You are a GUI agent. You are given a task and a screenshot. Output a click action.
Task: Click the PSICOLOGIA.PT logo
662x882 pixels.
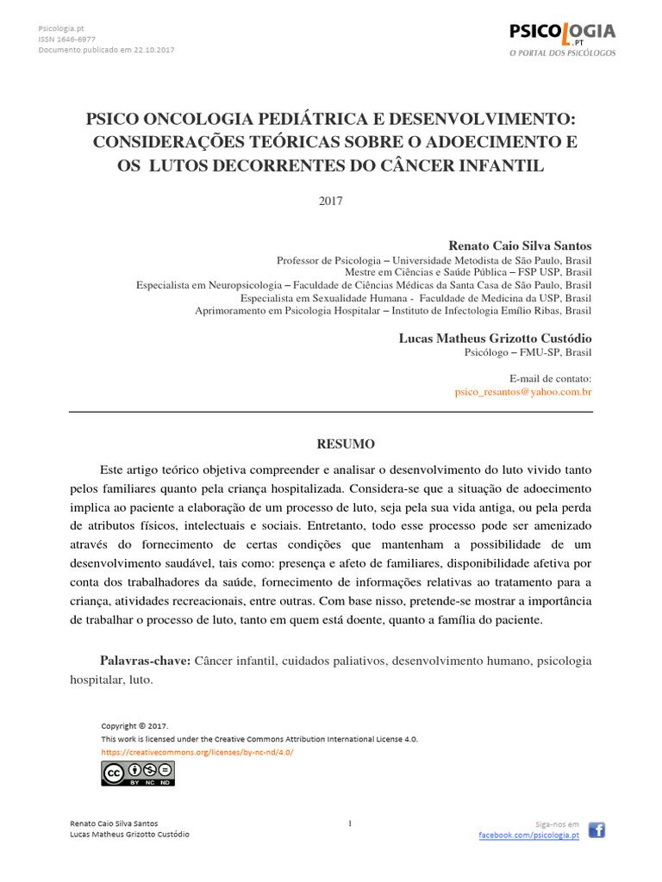[562, 39]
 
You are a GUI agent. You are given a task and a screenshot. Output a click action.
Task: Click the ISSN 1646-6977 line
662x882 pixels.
[67, 39]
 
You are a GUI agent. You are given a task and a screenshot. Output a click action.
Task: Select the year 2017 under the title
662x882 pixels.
[331, 202]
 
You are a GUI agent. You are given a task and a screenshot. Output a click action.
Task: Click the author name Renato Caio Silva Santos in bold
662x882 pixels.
[521, 245]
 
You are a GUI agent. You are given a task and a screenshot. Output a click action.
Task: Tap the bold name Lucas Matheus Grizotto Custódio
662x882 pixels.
[495, 339]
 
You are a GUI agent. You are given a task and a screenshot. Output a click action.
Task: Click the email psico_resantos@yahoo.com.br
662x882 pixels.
[523, 391]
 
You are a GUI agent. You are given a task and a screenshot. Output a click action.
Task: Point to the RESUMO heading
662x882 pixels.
[346, 444]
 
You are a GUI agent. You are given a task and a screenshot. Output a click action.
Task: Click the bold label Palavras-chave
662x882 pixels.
[145, 661]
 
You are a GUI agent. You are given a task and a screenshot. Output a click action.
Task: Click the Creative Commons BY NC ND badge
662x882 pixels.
[138, 773]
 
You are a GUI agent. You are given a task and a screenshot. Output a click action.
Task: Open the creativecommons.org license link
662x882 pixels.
[197, 752]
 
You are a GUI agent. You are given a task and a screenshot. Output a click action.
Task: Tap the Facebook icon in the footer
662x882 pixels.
[596, 829]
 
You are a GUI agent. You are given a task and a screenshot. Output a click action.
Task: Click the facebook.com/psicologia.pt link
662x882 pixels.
[528, 835]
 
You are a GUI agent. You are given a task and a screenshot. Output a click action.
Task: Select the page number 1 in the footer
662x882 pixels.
[350, 823]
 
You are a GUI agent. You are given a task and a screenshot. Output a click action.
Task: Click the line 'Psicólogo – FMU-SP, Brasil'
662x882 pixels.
[528, 352]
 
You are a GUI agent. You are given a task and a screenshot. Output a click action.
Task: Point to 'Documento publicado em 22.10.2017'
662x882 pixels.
[107, 50]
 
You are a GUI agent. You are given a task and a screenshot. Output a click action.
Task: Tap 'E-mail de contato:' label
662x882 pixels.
[550, 378]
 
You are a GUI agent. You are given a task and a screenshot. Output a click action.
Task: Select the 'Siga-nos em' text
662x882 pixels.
[557, 824]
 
